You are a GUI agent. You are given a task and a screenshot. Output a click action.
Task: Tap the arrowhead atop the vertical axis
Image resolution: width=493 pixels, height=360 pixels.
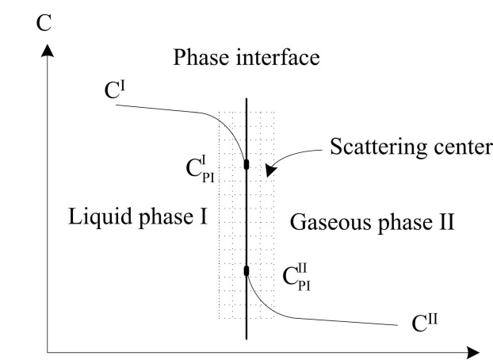click(x=49, y=51)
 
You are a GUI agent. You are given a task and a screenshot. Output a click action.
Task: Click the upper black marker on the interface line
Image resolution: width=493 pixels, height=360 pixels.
click(x=246, y=164)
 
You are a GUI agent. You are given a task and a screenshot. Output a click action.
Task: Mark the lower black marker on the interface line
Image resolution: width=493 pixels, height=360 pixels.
click(x=246, y=271)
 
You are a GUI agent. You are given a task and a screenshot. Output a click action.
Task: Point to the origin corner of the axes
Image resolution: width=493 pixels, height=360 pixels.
click(x=49, y=350)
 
